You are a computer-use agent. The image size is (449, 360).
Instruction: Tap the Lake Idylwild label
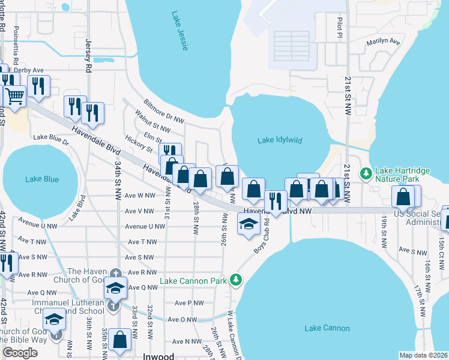(280, 140)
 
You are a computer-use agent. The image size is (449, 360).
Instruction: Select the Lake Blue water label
(42, 179)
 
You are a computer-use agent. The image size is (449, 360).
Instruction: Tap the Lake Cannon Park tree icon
(237, 280)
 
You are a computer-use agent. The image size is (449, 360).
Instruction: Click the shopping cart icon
(14, 95)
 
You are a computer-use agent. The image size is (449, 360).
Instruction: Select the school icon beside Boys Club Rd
(247, 225)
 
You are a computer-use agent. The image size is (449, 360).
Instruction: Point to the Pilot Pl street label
(339, 28)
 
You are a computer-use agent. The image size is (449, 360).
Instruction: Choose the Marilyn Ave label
(383, 43)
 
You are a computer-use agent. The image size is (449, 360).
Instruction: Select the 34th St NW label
(118, 178)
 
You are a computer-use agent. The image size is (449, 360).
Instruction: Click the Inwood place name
(158, 356)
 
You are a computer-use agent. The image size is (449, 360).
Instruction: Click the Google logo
(20, 353)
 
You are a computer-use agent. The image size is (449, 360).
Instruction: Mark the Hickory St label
(139, 142)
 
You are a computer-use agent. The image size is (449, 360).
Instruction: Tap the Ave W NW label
(140, 196)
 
